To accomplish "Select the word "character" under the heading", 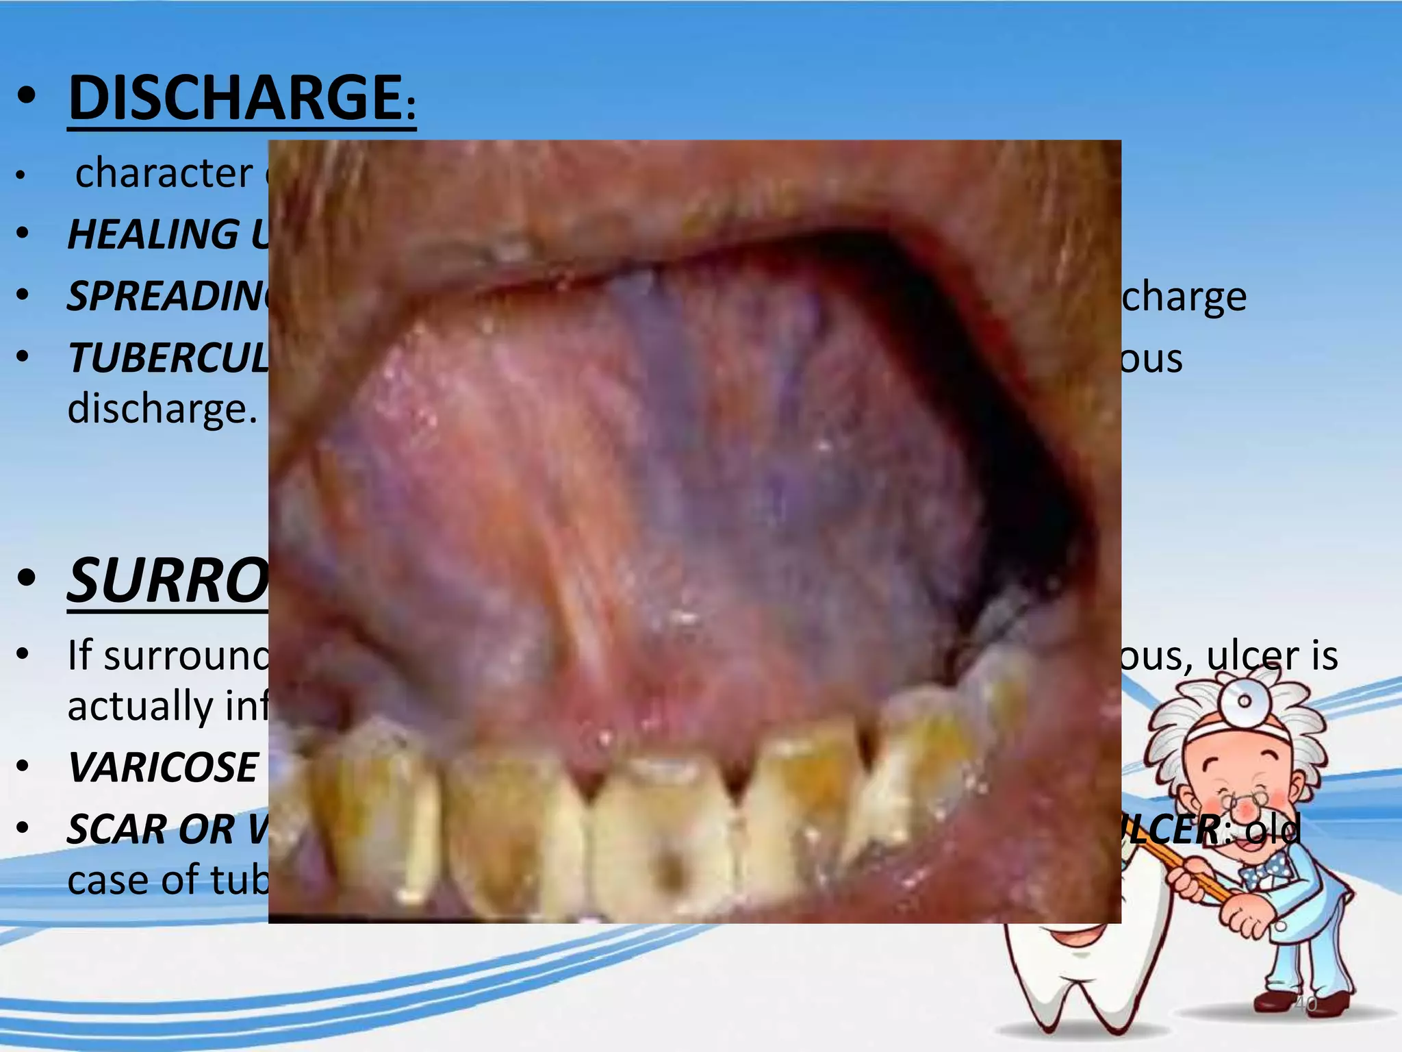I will click(164, 173).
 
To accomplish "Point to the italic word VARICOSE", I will click(163, 767).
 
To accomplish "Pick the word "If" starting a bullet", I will click(79, 655).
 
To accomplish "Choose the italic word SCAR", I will click(116, 829).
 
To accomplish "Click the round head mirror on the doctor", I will click(1245, 701).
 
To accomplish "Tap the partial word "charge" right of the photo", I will click(1184, 296).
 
